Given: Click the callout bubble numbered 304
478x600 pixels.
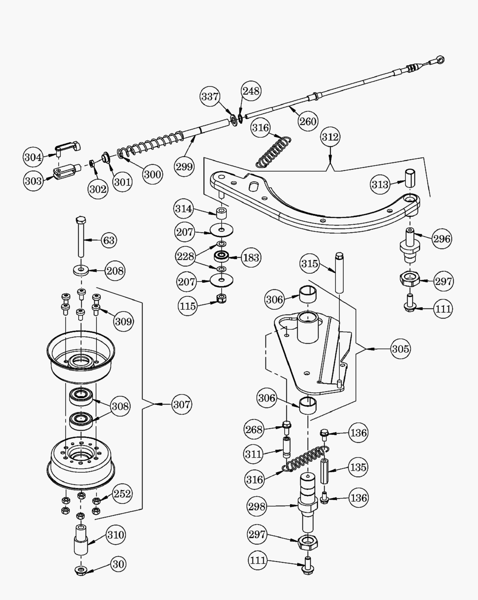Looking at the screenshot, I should [x=33, y=157].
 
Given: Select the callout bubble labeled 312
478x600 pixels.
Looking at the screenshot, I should [x=330, y=137].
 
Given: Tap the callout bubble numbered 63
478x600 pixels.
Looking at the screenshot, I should [x=109, y=240].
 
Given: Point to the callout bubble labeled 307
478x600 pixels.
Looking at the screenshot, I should [x=182, y=404].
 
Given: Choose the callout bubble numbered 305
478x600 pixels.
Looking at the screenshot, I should [x=400, y=348].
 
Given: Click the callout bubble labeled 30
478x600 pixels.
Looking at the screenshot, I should [x=118, y=564].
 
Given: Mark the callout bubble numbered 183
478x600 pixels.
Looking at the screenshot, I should [x=251, y=257].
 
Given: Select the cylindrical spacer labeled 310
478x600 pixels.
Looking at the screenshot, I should [x=80, y=540].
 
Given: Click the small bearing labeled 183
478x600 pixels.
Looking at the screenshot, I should [x=222, y=256].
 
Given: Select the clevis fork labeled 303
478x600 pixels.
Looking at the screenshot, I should [x=64, y=171].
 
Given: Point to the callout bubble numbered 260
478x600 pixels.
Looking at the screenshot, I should [x=308, y=121].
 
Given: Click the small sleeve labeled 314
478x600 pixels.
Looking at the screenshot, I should [x=222, y=213].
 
